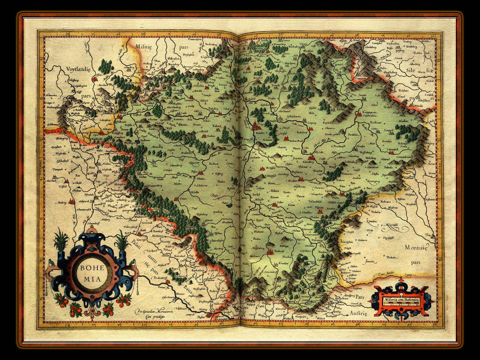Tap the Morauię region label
tap(417, 247)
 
